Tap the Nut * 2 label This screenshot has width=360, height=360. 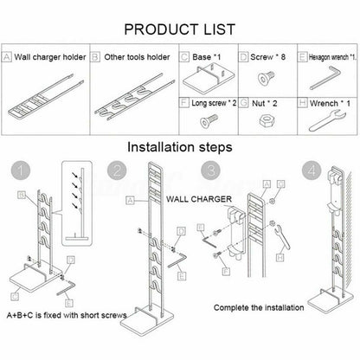click(263, 100)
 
